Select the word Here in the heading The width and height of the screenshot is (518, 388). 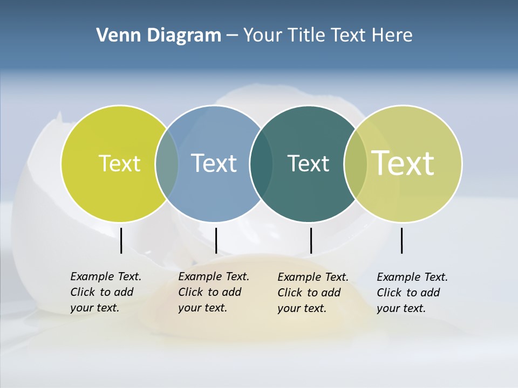(x=392, y=36)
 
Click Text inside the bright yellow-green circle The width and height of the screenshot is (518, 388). (x=119, y=163)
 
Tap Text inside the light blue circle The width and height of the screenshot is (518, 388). (x=214, y=163)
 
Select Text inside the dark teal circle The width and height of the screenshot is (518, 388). (x=308, y=163)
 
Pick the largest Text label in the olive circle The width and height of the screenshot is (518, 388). (x=403, y=163)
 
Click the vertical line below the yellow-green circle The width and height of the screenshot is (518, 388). (x=121, y=240)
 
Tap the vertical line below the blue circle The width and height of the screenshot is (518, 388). (x=216, y=240)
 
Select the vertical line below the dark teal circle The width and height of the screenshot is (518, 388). (x=311, y=240)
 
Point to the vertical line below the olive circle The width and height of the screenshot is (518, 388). (x=401, y=240)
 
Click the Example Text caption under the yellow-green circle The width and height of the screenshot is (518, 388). (x=105, y=292)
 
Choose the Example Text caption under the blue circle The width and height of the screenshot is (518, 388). (x=213, y=292)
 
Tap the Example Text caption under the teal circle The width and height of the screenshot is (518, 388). (x=312, y=293)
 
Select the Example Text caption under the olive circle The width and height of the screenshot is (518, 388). (x=412, y=293)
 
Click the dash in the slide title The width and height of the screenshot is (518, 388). (x=232, y=36)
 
